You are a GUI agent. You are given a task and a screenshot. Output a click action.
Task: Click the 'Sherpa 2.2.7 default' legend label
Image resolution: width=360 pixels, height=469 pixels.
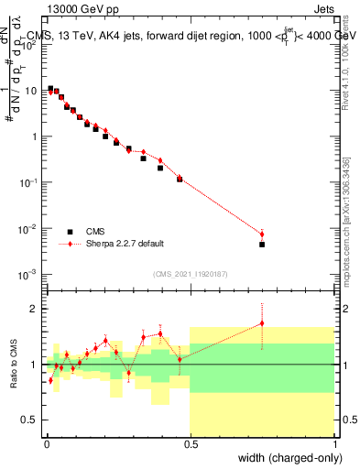coord(125,244)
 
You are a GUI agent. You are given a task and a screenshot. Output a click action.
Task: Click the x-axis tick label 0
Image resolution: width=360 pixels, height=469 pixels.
coord(46,442)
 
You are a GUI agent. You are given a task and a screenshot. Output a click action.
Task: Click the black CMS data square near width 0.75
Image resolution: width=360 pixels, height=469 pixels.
coord(262,245)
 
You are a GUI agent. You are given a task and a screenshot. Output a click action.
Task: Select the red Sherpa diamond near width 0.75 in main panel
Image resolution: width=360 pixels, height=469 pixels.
coord(262,234)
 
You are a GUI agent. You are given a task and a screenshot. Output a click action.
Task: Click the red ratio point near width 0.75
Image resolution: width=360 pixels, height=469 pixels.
coord(262,322)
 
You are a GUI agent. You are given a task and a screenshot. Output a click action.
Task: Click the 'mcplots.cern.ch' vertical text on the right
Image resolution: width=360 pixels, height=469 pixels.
coord(346,238)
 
